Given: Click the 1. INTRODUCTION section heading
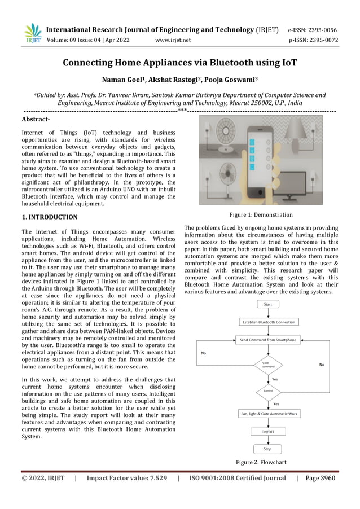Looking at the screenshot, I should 50,217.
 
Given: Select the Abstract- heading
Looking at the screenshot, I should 35,120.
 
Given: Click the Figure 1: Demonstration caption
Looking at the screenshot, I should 261,215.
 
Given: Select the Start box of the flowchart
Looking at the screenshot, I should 267,305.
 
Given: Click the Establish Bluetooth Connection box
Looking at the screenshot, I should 268,322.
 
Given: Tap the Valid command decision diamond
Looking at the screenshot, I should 268,365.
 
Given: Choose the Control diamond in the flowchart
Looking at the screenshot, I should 268,390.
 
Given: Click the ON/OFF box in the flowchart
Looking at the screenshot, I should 267,432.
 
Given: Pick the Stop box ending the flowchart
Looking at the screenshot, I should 267,449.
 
